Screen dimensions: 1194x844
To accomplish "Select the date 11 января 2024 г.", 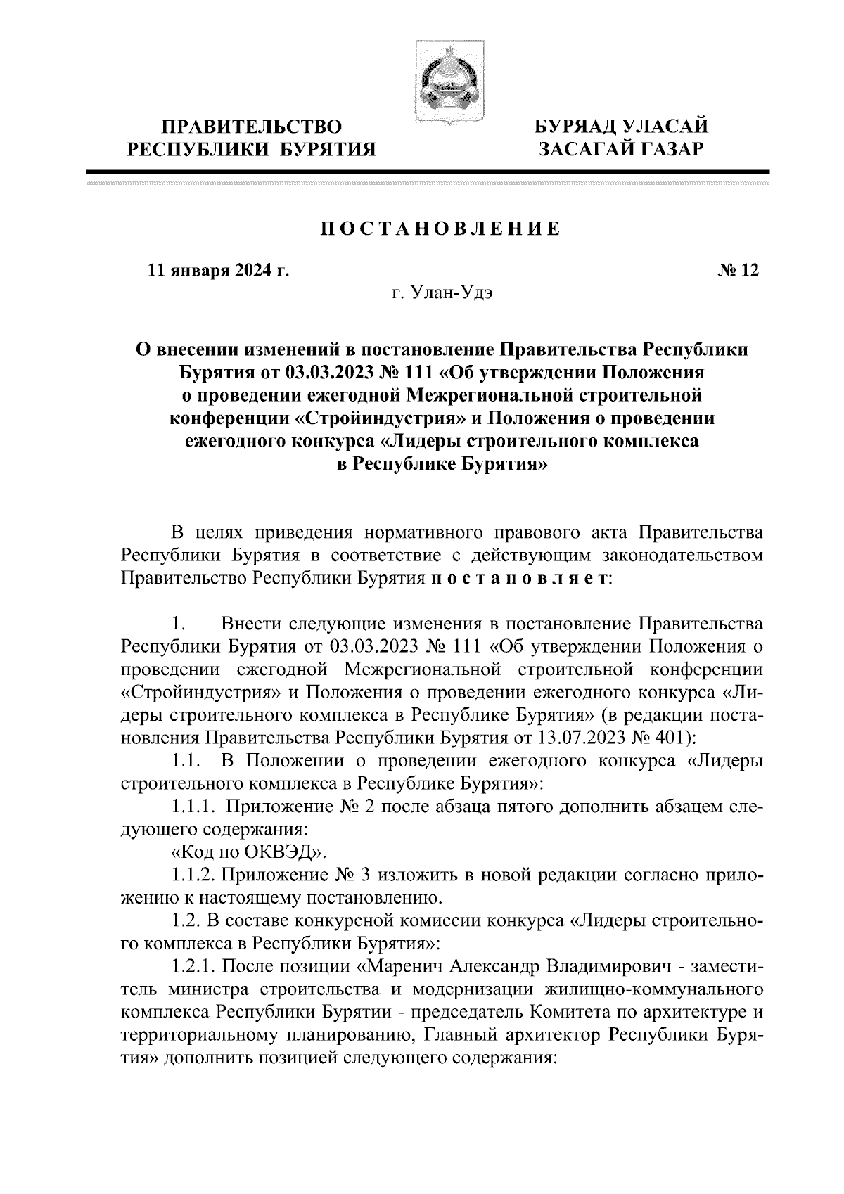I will coord(218,271).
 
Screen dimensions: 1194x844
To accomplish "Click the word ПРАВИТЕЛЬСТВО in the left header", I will coord(252,127).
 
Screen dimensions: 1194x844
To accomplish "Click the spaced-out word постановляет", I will coord(519,578).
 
